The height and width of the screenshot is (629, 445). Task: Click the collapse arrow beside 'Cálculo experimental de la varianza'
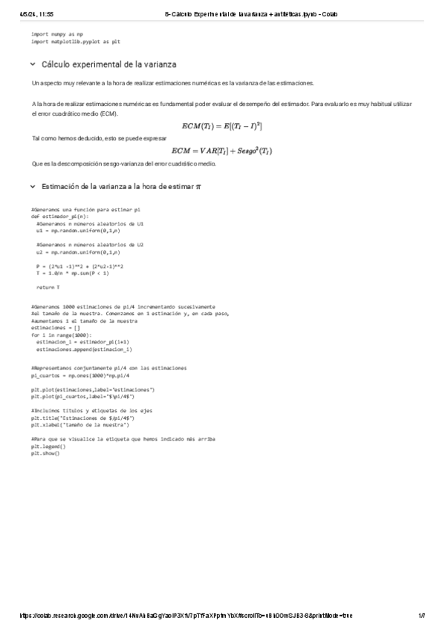[33, 65]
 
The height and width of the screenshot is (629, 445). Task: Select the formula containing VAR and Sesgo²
[221, 151]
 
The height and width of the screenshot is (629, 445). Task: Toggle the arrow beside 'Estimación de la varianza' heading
[33, 186]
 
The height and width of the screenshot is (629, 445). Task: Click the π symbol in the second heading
[198, 186]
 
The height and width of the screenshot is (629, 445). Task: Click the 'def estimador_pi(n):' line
[59, 217]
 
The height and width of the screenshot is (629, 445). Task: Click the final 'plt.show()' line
[45, 452]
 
